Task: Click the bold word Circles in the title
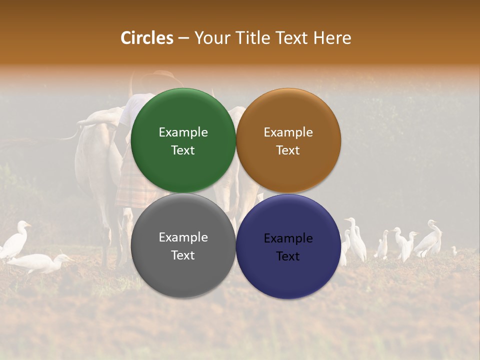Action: tap(147, 38)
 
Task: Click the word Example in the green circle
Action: tap(183, 132)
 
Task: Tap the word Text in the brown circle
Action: tap(288, 150)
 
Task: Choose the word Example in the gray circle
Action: tap(183, 237)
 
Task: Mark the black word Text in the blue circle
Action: tap(288, 256)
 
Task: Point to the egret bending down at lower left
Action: tap(40, 262)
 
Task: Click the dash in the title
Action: tap(184, 38)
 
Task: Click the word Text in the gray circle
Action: tap(183, 255)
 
